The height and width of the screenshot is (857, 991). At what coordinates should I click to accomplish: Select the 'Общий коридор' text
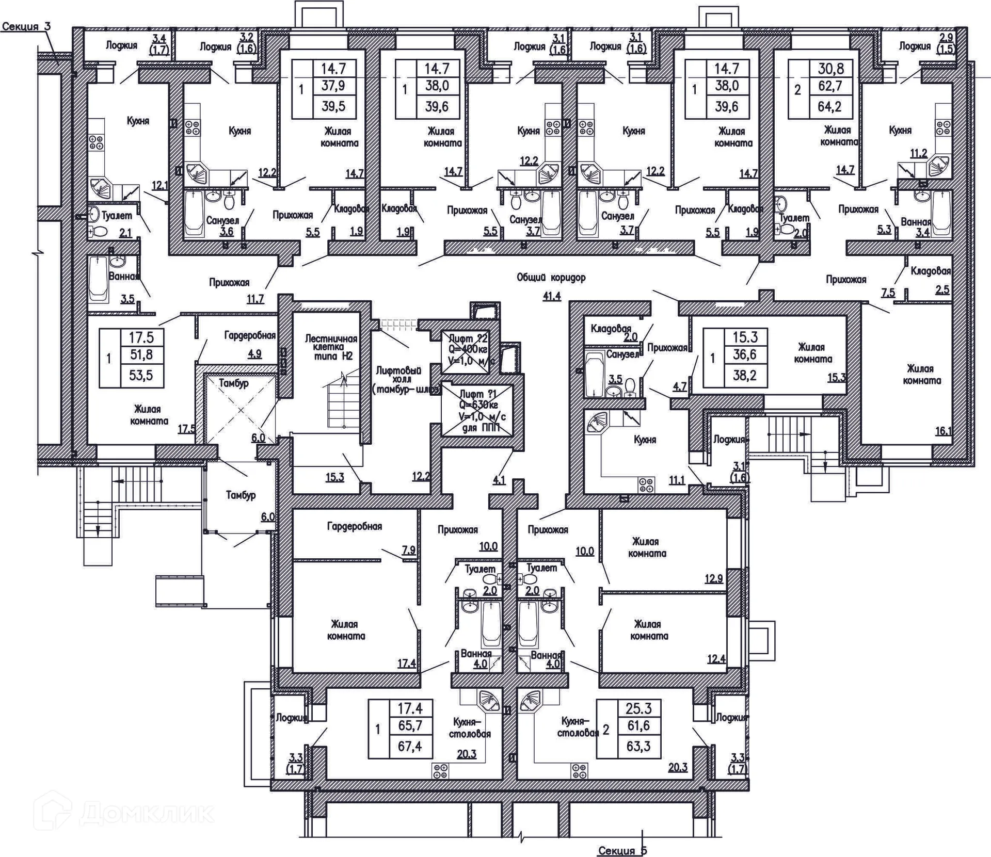551,278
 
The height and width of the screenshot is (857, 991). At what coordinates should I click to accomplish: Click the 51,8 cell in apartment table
141,354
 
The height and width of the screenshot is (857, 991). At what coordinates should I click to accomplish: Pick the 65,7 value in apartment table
410,725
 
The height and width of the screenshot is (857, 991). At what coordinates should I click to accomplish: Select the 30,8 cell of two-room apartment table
830,69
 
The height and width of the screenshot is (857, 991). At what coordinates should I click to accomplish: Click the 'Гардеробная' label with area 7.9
355,526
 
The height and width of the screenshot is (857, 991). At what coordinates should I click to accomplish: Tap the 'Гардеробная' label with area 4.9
250,336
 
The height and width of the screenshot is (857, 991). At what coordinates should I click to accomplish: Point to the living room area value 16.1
942,430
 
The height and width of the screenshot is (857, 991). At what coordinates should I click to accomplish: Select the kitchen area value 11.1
677,480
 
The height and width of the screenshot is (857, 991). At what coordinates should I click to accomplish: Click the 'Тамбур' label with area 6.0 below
241,495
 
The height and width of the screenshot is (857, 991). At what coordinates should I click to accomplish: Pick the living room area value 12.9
714,578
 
